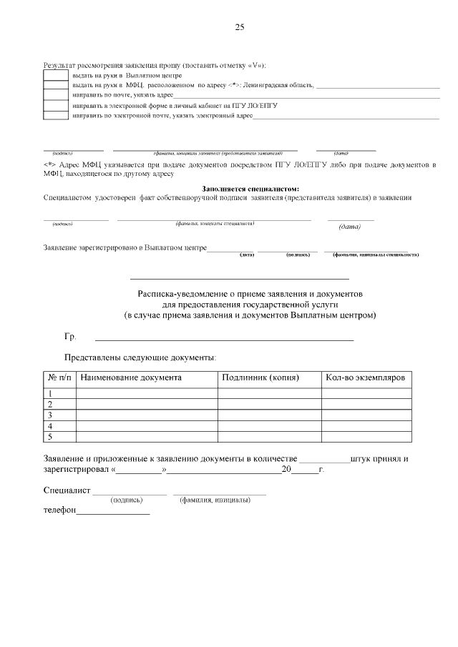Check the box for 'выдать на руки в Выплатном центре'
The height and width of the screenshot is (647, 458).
point(56,75)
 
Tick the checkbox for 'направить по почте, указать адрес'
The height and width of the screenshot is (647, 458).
point(56,94)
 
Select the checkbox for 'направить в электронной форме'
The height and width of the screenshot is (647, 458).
point(56,104)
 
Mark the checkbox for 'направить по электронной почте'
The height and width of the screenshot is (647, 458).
point(56,114)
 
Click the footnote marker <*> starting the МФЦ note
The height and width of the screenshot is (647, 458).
point(49,164)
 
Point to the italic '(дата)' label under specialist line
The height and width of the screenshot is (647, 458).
point(349,227)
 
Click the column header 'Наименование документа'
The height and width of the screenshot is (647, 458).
point(130,377)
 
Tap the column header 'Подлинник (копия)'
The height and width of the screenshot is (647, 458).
point(260,377)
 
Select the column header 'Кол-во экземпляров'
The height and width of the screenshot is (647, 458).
point(365,377)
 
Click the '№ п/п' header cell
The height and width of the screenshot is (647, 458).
point(59,377)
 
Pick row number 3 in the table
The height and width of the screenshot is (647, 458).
point(50,415)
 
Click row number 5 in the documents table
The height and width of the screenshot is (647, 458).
point(50,436)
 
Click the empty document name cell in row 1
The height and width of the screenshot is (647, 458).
point(147,393)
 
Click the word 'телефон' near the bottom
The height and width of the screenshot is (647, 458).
point(59,512)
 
